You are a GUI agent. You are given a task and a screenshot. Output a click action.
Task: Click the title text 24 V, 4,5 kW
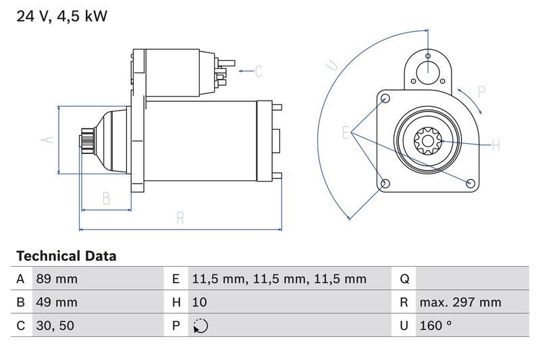click(61, 16)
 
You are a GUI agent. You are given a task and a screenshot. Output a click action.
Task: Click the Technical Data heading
click(66, 256)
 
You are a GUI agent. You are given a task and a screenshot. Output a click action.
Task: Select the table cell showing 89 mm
click(56, 279)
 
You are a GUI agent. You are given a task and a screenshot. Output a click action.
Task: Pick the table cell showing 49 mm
click(56, 302)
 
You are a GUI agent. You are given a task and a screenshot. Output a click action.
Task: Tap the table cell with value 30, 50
click(55, 326)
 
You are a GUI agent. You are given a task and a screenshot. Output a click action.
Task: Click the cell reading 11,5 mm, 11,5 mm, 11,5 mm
click(279, 279)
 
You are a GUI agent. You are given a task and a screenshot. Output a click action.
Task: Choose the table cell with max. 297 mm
click(460, 302)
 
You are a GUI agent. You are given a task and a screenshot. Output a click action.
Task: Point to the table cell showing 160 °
click(435, 326)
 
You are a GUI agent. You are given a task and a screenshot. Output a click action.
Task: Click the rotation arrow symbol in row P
click(200, 326)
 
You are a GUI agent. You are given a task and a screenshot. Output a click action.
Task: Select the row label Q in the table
click(404, 279)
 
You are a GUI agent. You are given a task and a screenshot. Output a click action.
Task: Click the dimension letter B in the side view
click(106, 198)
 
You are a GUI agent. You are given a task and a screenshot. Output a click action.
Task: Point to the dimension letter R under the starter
click(180, 217)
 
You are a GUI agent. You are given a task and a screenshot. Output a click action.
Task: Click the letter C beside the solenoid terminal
click(258, 71)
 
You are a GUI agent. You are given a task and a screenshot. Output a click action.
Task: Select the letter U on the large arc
click(331, 65)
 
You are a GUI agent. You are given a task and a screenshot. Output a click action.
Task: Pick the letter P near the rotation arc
click(482, 92)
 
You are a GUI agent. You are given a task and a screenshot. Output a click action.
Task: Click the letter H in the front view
click(495, 145)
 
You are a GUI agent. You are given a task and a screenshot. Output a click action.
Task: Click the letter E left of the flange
click(346, 132)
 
